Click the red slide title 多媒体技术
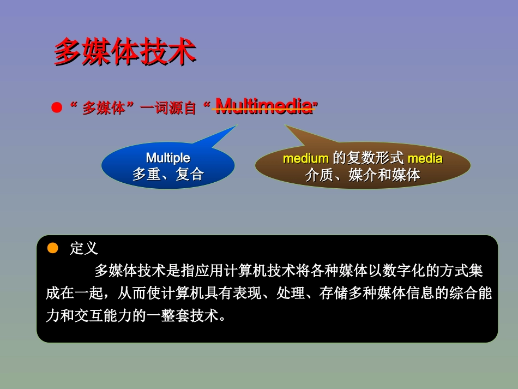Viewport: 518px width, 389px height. pyautogui.click(x=125, y=51)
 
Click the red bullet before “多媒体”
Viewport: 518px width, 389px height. pyautogui.click(x=57, y=107)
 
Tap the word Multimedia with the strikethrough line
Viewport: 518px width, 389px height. pyautogui.click(x=264, y=106)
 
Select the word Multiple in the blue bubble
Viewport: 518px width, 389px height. pyautogui.click(x=168, y=158)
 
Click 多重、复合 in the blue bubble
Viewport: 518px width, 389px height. pyautogui.click(x=168, y=174)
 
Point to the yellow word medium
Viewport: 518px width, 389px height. pyautogui.click(x=305, y=159)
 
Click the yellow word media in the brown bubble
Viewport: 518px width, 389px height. pyautogui.click(x=425, y=159)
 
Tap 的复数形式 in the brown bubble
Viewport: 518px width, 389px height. pyautogui.click(x=368, y=158)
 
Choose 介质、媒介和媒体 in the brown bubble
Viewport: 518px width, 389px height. pyautogui.click(x=363, y=175)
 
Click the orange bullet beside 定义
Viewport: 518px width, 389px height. pyautogui.click(x=53, y=248)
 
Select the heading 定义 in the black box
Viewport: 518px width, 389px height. pyautogui.click(x=84, y=248)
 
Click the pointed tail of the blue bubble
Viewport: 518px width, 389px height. pyautogui.click(x=237, y=125)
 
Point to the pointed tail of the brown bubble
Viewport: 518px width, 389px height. pyautogui.click(x=285, y=125)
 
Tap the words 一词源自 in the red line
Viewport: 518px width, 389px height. pyautogui.click(x=168, y=107)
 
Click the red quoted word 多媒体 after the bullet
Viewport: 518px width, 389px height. pyautogui.click(x=104, y=107)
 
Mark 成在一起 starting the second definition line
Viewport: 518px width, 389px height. pyautogui.click(x=74, y=293)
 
